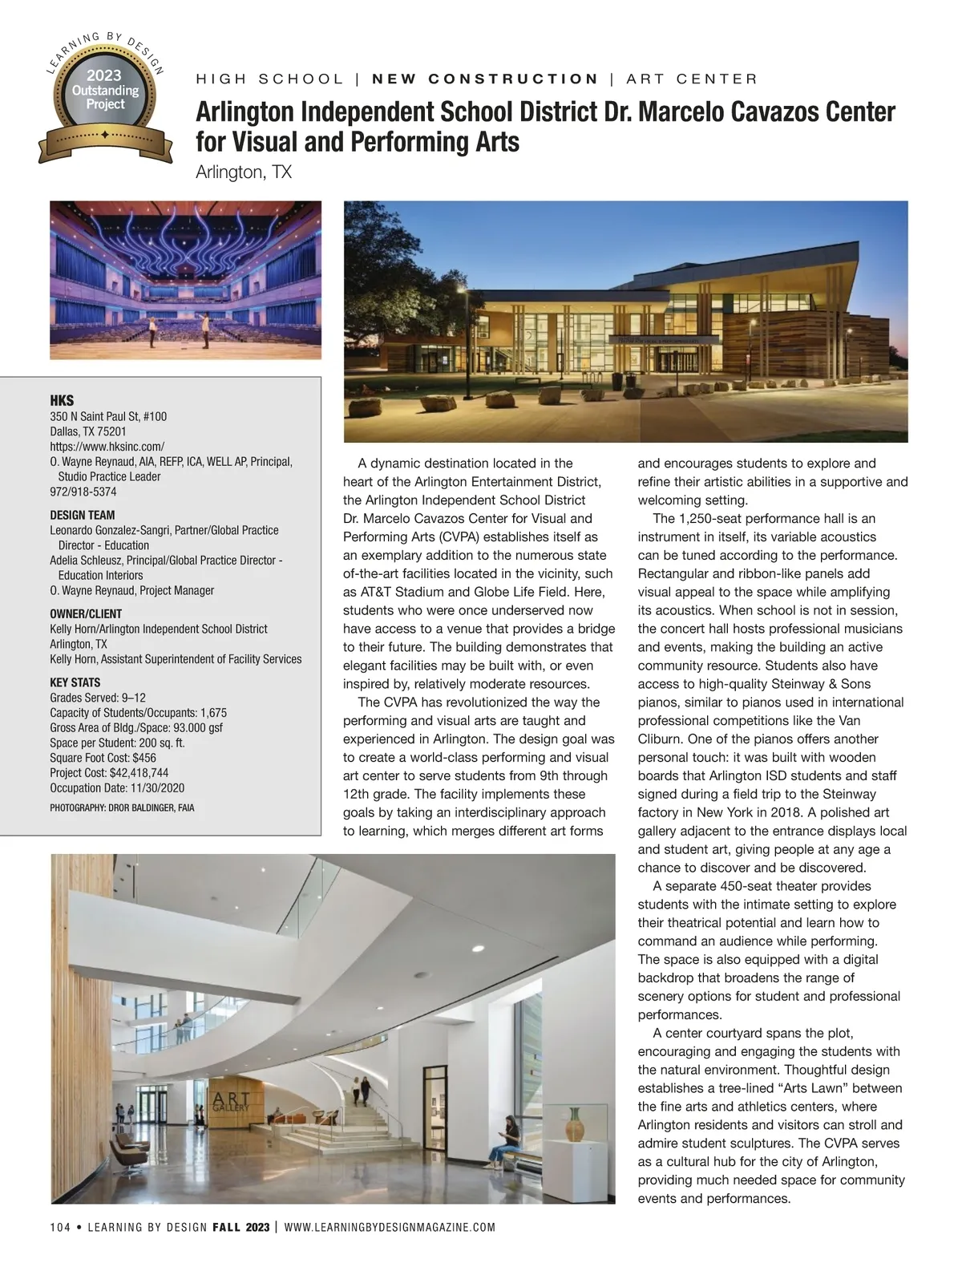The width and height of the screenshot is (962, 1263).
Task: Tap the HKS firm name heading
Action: click(62, 401)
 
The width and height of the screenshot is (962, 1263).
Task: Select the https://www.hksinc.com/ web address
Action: click(107, 447)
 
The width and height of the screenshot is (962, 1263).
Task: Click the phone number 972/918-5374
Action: click(83, 492)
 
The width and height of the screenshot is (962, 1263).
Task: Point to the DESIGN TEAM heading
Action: click(83, 515)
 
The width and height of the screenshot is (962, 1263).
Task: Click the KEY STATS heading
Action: click(75, 682)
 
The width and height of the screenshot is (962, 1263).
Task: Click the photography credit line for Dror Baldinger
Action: click(122, 808)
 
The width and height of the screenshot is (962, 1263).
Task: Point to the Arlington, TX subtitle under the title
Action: click(244, 172)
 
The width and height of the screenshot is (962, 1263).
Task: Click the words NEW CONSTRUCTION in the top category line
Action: click(486, 79)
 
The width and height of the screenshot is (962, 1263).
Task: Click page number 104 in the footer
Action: click(60, 1228)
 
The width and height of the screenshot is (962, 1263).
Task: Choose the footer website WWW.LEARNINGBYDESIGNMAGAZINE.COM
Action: click(390, 1228)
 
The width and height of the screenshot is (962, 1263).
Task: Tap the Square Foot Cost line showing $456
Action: click(103, 758)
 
